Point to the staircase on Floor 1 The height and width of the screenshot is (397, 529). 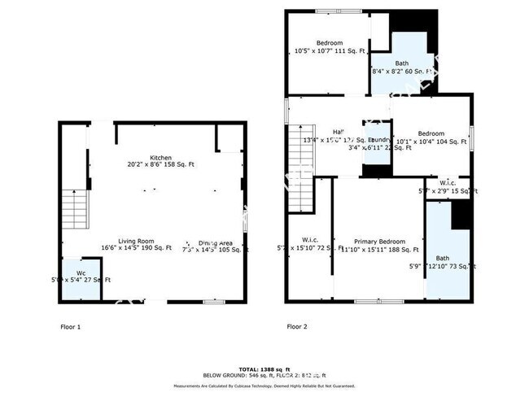tap(75, 208)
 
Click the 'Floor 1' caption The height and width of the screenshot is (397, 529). tap(71, 327)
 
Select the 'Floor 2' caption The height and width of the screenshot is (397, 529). tap(297, 327)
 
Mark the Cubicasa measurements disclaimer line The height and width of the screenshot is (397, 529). tap(265, 385)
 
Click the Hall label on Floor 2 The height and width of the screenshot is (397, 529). tap(339, 133)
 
